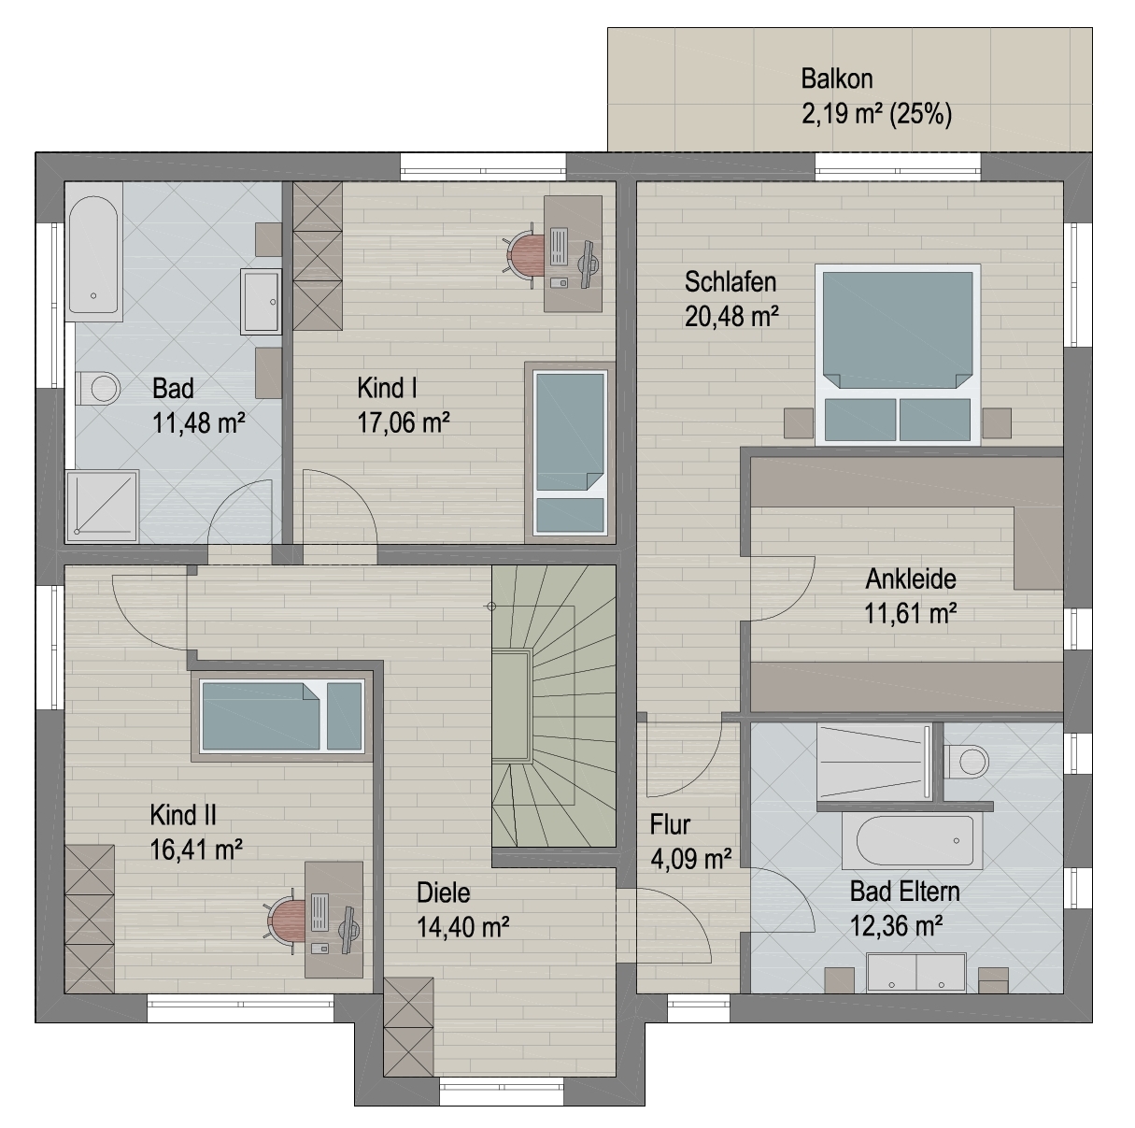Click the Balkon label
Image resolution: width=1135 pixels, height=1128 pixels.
(836, 79)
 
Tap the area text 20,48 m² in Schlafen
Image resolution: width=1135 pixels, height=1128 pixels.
(731, 317)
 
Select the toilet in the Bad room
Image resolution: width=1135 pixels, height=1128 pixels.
(99, 389)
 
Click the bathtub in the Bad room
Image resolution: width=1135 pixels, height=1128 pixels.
(93, 251)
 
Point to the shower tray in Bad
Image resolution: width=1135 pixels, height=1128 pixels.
(102, 506)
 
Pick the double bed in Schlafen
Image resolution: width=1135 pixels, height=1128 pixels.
(897, 354)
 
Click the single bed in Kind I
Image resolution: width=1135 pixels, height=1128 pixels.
(570, 452)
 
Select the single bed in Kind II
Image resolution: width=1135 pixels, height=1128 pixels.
(281, 716)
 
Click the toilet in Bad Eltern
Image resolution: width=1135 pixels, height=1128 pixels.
(967, 762)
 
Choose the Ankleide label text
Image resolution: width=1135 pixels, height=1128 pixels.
(911, 579)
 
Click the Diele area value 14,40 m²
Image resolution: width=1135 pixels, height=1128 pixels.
(463, 927)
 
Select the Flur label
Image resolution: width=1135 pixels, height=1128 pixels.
(670, 825)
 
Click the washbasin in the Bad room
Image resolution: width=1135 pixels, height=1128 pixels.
(261, 302)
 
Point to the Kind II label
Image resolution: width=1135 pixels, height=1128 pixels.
(183, 815)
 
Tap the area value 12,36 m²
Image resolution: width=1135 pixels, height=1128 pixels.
(897, 926)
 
